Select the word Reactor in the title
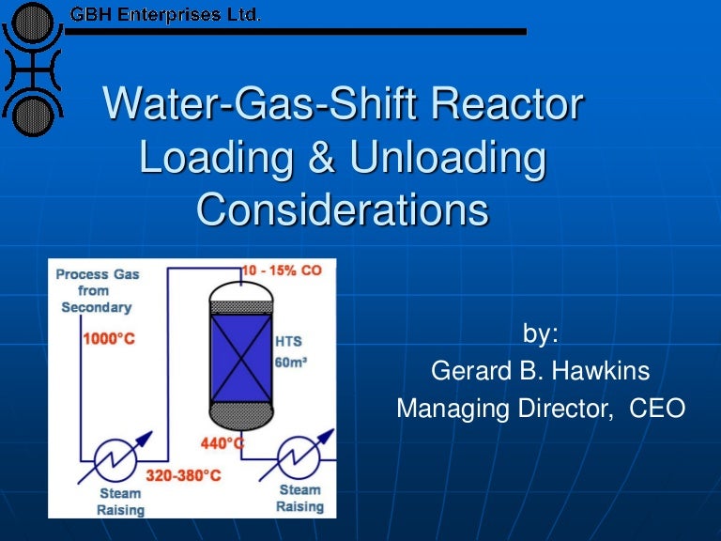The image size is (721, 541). (x=513, y=105)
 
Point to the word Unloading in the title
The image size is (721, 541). (x=447, y=157)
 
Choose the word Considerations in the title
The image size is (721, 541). (x=342, y=209)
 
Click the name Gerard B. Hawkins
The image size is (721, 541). (x=540, y=371)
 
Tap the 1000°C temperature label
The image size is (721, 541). (x=108, y=337)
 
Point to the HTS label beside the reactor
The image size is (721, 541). (x=289, y=341)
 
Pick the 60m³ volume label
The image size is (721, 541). (x=290, y=361)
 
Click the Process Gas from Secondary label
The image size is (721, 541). (x=97, y=290)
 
